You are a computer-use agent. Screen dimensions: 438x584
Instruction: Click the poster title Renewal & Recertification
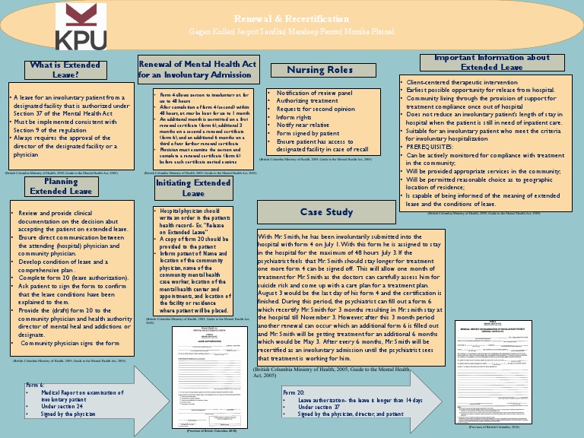291,17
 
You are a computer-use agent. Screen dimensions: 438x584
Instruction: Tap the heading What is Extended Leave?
65,70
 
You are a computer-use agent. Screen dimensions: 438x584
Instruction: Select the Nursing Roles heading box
319,70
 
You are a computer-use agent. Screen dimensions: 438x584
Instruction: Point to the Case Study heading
326,212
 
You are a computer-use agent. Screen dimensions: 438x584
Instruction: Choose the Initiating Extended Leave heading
193,188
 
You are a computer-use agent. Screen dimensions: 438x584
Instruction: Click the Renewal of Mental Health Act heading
196,69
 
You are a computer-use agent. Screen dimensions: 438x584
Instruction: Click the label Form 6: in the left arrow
35,386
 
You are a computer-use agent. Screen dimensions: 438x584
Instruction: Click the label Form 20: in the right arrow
294,393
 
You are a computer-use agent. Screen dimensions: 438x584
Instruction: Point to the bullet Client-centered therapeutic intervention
460,81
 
